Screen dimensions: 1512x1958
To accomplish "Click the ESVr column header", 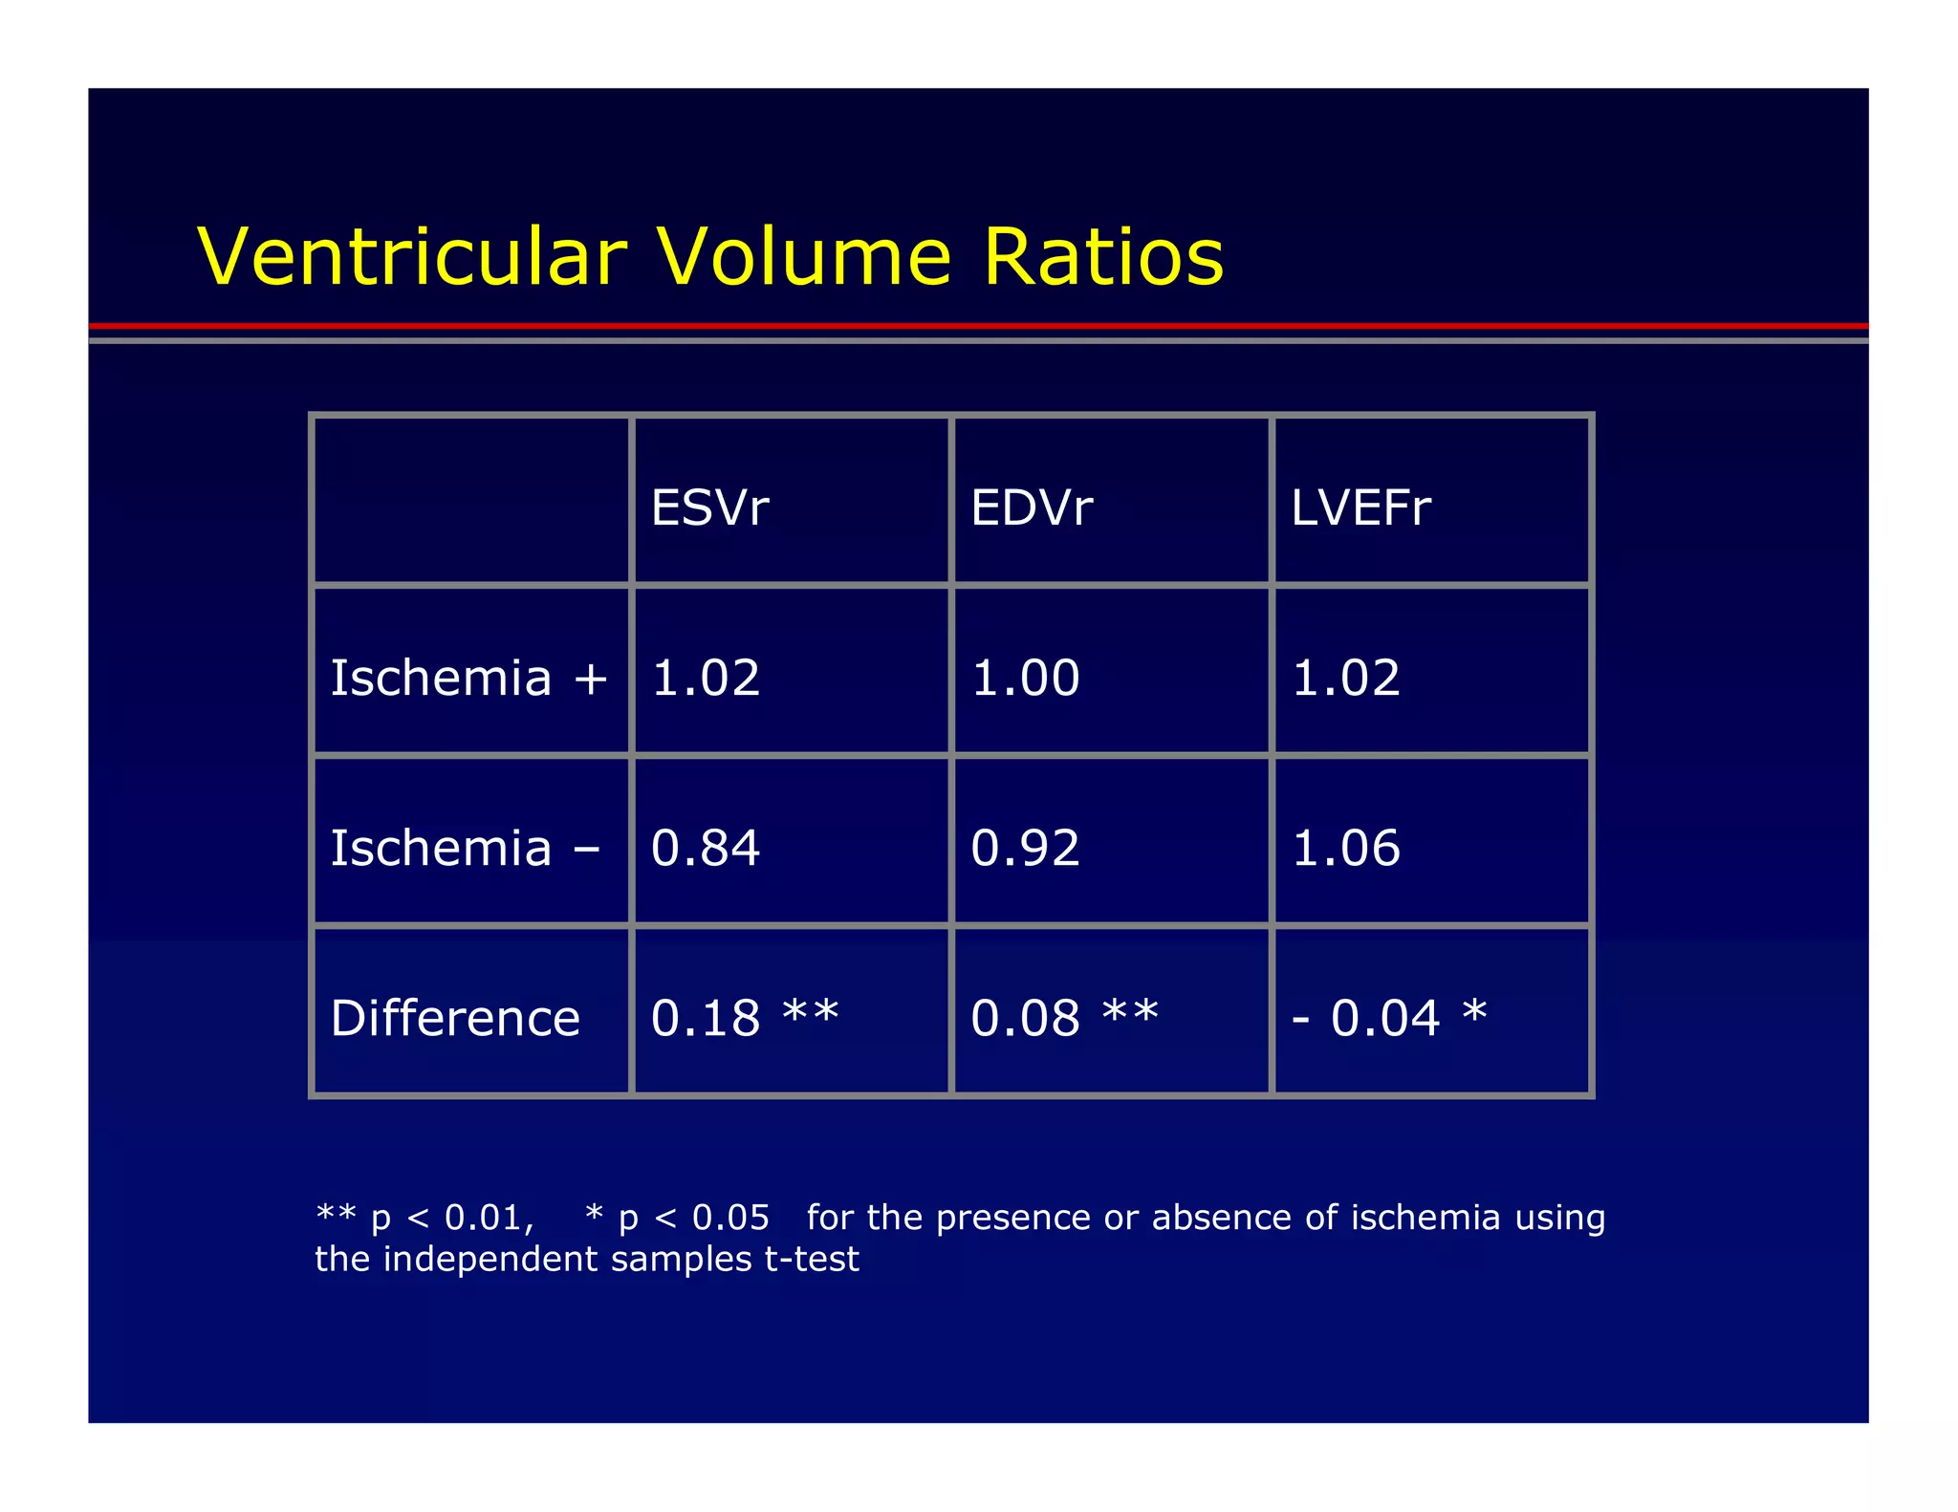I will click(x=709, y=508).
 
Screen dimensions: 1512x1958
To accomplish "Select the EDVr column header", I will click(x=1031, y=508).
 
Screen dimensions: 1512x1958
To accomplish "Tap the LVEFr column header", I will click(x=1360, y=508).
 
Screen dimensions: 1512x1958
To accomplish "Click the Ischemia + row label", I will click(x=468, y=678).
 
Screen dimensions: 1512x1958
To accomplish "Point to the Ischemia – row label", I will click(x=465, y=848).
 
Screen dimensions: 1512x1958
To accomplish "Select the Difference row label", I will click(x=455, y=1018).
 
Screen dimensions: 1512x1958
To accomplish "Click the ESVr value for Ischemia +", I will click(x=706, y=678).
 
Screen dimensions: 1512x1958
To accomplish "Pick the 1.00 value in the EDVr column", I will click(x=1025, y=678).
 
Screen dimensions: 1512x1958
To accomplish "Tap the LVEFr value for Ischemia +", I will click(x=1345, y=678).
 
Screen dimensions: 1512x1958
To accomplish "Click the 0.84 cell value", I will click(x=706, y=848).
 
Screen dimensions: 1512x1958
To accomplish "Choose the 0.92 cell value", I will click(x=1025, y=848).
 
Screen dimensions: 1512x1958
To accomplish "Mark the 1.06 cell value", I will click(x=1345, y=848).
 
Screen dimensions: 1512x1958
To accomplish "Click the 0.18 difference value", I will click(x=706, y=1018).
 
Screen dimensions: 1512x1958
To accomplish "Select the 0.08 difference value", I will click(x=1025, y=1018).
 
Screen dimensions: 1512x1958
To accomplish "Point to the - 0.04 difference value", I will click(x=1366, y=1018).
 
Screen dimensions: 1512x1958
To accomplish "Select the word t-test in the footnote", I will click(x=812, y=1260).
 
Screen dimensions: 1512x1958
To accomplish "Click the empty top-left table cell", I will click(x=471, y=500).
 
